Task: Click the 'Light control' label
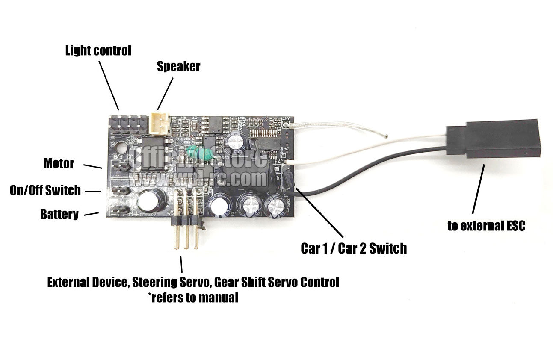click(98, 51)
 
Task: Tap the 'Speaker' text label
click(178, 67)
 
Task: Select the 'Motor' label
click(59, 163)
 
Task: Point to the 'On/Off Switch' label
click(45, 190)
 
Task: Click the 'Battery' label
click(59, 214)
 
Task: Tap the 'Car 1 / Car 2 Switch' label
click(354, 248)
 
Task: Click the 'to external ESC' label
click(486, 226)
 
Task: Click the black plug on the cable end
click(493, 139)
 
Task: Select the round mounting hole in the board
click(121, 148)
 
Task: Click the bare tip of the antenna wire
click(386, 137)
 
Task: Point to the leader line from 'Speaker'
click(166, 93)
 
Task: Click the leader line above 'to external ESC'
click(478, 189)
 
